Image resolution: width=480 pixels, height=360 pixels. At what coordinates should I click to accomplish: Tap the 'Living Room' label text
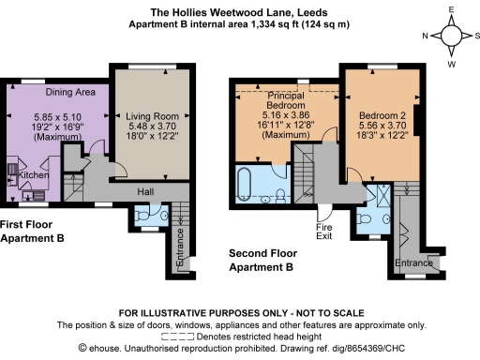(x=152, y=116)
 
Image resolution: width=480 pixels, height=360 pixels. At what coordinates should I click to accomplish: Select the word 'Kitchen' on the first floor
(x=35, y=175)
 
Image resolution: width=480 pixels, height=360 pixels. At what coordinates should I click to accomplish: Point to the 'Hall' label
(x=143, y=190)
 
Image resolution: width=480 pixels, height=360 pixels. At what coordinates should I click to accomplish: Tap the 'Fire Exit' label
(x=323, y=232)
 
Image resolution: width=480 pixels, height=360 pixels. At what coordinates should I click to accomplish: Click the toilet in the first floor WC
(x=141, y=216)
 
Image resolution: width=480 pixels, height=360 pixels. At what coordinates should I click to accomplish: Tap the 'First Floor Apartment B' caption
(x=33, y=232)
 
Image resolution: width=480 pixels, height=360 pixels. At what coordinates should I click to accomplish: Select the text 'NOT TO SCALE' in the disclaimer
(x=324, y=312)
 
